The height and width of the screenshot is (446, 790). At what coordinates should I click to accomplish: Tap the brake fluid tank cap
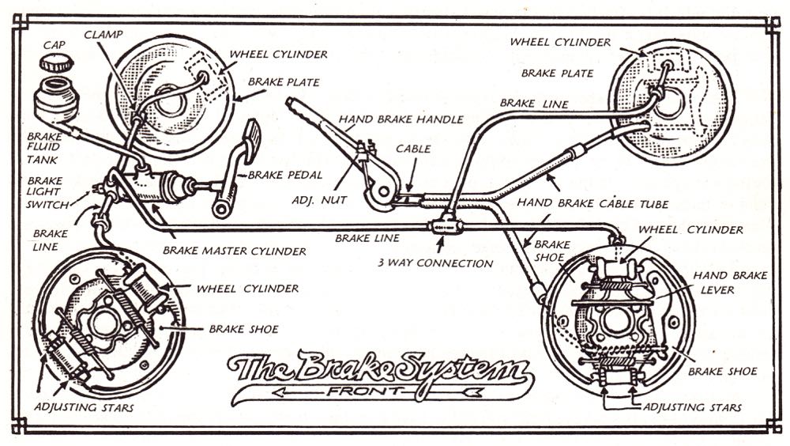tap(55, 62)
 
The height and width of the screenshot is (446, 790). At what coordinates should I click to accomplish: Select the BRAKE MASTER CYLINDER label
tap(234, 251)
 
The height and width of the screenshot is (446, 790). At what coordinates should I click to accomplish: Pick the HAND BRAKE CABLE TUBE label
tap(592, 203)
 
